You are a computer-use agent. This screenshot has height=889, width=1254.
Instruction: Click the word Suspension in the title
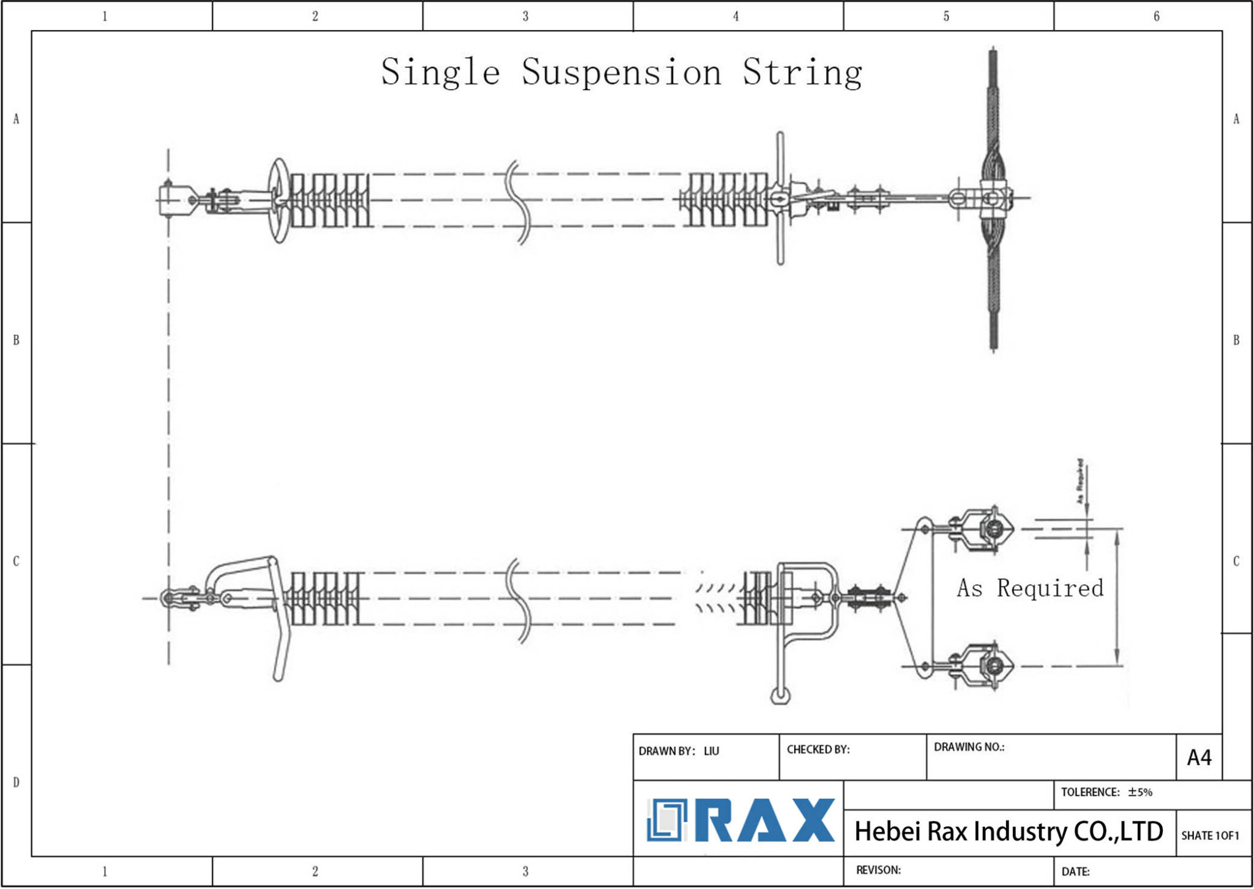pyautogui.click(x=621, y=72)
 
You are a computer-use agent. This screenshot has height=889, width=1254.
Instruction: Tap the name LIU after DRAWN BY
pyautogui.click(x=711, y=751)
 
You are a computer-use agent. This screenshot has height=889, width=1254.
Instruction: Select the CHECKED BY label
pyautogui.click(x=818, y=749)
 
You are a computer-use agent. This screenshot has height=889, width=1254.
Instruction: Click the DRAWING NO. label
pyautogui.click(x=969, y=747)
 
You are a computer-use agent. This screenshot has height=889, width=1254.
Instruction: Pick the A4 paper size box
pyautogui.click(x=1199, y=758)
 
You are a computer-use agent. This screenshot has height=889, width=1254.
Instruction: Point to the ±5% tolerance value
pyautogui.click(x=1140, y=792)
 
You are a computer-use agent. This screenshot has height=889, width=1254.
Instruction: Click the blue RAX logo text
pyautogui.click(x=765, y=820)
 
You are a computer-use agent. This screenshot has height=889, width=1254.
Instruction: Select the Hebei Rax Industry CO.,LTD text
pyautogui.click(x=1008, y=831)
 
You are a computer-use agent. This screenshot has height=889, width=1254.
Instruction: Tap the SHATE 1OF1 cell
pyautogui.click(x=1210, y=836)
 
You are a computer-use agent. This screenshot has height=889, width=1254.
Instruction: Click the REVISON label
pyautogui.click(x=878, y=870)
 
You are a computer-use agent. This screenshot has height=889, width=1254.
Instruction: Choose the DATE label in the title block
pyautogui.click(x=1075, y=871)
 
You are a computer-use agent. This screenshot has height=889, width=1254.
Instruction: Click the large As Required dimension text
pyautogui.click(x=1030, y=588)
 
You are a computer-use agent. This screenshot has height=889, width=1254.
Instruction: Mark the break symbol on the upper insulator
pyautogui.click(x=518, y=202)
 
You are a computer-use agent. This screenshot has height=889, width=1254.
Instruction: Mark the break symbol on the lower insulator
pyautogui.click(x=520, y=600)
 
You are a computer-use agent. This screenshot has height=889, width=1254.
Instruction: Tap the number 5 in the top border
pyautogui.click(x=946, y=17)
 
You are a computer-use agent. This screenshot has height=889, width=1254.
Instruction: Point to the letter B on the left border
pyautogui.click(x=17, y=340)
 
